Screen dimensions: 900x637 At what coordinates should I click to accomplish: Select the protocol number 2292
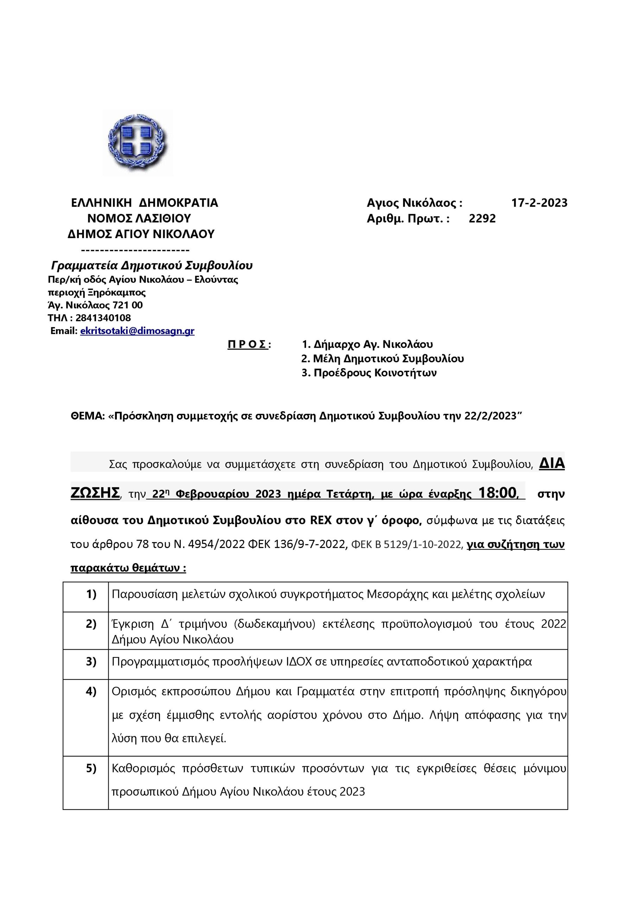point(482,218)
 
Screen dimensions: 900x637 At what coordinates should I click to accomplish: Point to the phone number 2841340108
point(103,317)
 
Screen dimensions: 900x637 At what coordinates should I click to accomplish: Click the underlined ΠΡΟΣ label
point(248,344)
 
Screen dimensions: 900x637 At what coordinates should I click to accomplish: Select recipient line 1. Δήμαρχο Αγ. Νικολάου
point(367,344)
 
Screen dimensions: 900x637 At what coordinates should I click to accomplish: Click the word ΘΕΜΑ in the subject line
point(88,416)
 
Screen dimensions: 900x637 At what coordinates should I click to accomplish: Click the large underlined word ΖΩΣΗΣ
point(95,493)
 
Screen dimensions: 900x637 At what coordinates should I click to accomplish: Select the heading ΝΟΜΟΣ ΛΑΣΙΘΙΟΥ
point(139,218)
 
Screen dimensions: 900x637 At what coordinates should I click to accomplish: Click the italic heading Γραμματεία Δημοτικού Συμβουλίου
point(152,265)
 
